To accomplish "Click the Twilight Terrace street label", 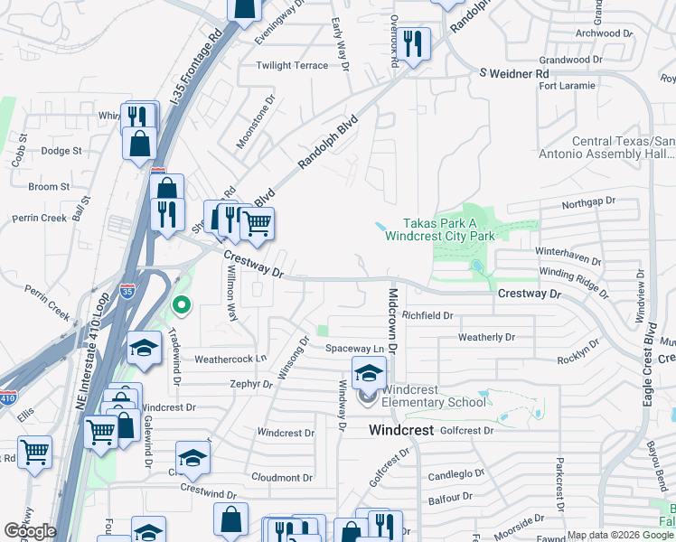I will tap(292, 66).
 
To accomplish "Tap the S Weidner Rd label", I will tap(513, 72).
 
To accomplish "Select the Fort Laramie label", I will tap(567, 86).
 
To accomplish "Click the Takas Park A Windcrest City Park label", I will tap(439, 229).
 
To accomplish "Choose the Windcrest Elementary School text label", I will tap(433, 396).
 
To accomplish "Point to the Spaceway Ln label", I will tap(355, 349).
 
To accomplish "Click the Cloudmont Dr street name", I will tap(282, 478).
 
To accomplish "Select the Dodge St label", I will tap(61, 151).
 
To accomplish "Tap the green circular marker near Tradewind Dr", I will tap(181, 305).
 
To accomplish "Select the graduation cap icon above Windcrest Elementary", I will tap(369, 371).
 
